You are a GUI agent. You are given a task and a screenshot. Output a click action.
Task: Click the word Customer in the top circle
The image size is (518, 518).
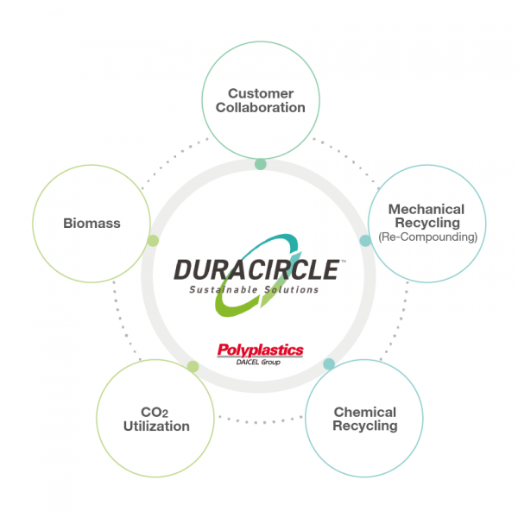(x=261, y=93)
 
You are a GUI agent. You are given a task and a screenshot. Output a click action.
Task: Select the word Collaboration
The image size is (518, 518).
(x=261, y=108)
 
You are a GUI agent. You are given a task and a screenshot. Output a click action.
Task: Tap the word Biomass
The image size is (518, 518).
(x=92, y=224)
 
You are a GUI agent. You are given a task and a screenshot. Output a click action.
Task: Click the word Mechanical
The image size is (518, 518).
(x=426, y=209)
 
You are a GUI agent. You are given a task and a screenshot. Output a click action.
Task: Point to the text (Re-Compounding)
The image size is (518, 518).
(x=426, y=236)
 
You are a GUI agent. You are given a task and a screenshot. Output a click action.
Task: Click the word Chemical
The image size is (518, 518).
(x=365, y=412)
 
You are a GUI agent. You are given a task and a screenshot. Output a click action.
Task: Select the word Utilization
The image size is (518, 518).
(x=156, y=426)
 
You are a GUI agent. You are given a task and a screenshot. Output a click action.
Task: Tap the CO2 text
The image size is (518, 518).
(x=155, y=412)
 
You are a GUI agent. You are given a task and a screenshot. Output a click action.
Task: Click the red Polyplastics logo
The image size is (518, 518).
(x=260, y=350)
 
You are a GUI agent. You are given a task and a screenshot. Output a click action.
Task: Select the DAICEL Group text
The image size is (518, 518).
(x=260, y=362)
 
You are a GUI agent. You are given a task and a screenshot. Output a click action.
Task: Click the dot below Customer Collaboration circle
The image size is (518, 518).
(x=261, y=164)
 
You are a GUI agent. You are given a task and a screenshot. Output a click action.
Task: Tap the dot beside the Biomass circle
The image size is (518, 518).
(x=153, y=241)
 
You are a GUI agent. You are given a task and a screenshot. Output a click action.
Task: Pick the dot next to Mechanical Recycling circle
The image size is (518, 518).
(x=364, y=241)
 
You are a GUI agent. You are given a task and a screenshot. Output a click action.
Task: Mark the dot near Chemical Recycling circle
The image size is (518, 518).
(x=328, y=364)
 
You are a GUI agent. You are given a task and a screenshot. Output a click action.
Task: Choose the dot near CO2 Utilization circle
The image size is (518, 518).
(x=193, y=367)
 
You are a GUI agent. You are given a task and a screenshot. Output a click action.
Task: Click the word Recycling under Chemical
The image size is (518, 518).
(x=365, y=426)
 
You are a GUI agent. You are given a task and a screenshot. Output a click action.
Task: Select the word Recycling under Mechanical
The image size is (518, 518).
(x=426, y=223)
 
